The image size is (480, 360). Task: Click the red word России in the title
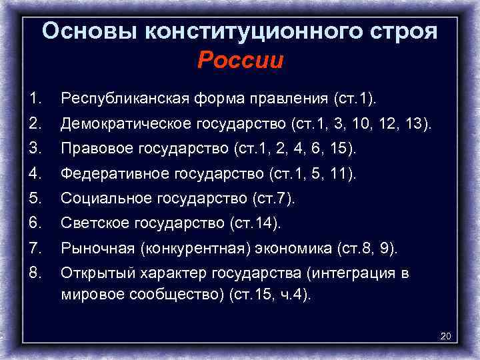click(x=241, y=61)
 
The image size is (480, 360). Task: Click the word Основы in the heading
click(x=87, y=31)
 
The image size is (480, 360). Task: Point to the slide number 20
click(x=446, y=335)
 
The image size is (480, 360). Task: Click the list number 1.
click(x=35, y=99)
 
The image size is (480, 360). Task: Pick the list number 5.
click(x=35, y=199)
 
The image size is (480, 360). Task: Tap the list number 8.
click(x=35, y=273)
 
